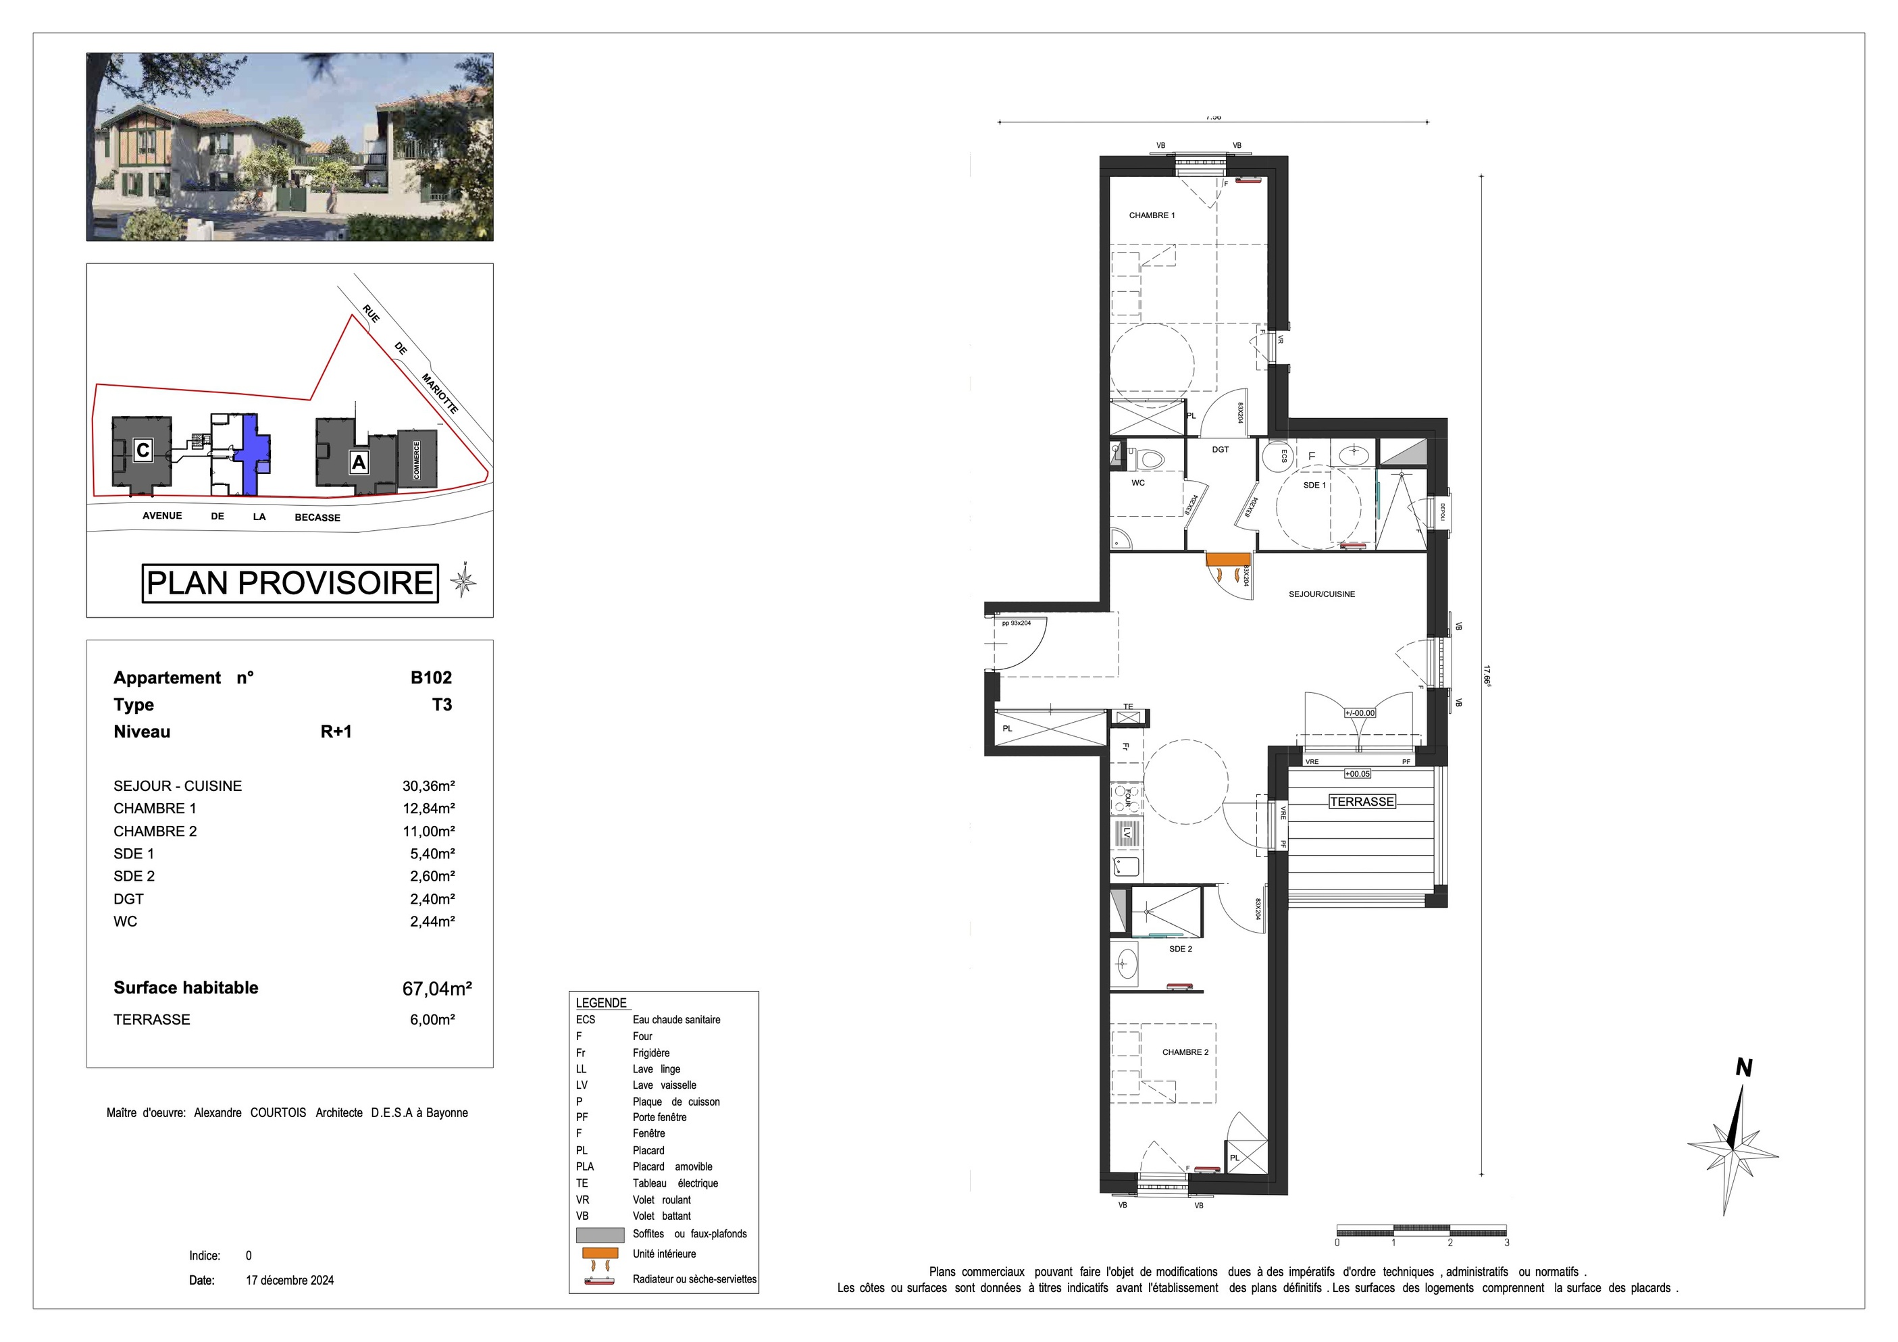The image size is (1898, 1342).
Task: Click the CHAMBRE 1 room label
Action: coord(1152,215)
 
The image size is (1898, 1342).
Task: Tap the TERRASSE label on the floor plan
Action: coord(1362,802)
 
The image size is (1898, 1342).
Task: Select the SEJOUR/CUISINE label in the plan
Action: coord(1322,594)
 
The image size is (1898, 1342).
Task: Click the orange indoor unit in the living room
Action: coord(1227,559)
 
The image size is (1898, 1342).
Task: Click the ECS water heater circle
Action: coord(1278,455)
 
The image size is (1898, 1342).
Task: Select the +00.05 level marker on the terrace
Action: coord(1358,774)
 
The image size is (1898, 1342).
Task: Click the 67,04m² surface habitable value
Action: coord(436,988)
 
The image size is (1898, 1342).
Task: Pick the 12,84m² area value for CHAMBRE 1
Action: coord(428,808)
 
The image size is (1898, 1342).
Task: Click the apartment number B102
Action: coord(431,677)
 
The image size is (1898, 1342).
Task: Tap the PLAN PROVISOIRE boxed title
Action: coord(290,584)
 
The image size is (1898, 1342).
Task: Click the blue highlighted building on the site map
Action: coord(251,455)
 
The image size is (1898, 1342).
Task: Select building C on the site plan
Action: coord(143,450)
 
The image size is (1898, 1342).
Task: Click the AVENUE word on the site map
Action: coord(162,515)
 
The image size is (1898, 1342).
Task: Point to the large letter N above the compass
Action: coord(1743,1068)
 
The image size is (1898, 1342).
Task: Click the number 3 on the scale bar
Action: coord(1506,1243)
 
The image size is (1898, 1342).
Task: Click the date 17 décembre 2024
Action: coord(289,1280)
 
